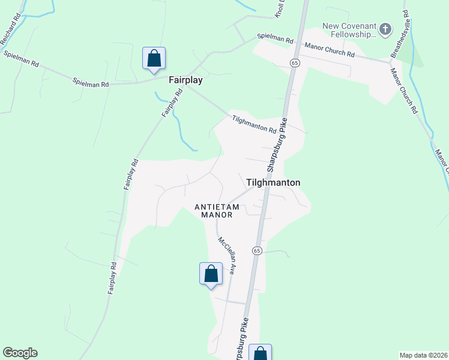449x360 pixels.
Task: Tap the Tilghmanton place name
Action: coord(273,182)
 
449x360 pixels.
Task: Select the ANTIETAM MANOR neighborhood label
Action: coord(217,211)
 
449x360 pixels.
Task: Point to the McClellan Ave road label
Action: coord(226,256)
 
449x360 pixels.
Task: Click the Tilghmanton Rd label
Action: coord(254,125)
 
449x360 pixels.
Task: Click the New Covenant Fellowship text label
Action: coord(349,30)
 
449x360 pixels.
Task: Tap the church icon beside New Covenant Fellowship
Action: coord(385,29)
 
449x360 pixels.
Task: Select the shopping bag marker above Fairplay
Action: coord(154,59)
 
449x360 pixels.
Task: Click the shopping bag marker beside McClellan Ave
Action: coord(211,274)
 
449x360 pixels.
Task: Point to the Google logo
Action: coord(20,353)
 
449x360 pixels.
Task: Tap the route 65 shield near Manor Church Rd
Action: coord(294,62)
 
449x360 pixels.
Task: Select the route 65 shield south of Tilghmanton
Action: coord(257,250)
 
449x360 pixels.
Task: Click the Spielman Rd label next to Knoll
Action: coord(275,40)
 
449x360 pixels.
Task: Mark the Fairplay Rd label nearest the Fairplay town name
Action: coord(172,104)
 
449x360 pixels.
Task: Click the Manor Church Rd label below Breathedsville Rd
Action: coord(403,91)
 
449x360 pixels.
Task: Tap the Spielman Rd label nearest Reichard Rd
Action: coord(21,58)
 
